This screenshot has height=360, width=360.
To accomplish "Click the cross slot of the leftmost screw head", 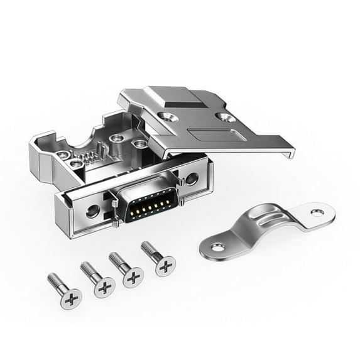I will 72,296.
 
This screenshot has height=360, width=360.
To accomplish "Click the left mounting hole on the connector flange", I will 92,211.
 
